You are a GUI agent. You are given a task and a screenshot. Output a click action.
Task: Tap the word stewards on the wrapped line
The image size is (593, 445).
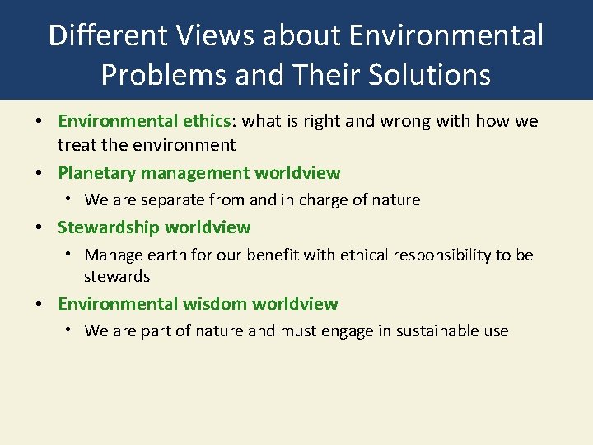coord(117,277)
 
